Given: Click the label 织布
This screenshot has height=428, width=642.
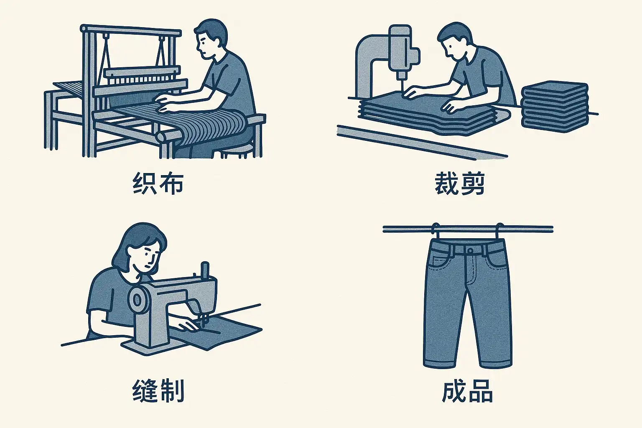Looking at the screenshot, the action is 158,183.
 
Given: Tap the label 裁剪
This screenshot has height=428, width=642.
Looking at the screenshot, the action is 460,183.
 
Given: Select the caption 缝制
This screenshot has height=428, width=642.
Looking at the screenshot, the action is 158,391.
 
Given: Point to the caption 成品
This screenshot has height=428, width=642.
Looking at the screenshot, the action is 467,391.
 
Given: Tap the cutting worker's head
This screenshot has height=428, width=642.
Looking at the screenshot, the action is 454,40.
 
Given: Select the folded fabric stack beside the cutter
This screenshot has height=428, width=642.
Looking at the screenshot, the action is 555,107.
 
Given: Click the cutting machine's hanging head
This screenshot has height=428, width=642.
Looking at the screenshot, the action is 401,51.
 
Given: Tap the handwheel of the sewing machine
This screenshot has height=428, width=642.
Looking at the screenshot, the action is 137,300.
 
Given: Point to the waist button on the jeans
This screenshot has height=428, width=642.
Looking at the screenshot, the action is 470,251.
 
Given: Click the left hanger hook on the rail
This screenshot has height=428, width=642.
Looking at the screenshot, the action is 436,229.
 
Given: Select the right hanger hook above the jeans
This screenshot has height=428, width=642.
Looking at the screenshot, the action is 499,229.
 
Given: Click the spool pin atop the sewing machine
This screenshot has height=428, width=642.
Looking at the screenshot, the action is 205,270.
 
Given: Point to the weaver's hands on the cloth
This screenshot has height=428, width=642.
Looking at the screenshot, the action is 165,104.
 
